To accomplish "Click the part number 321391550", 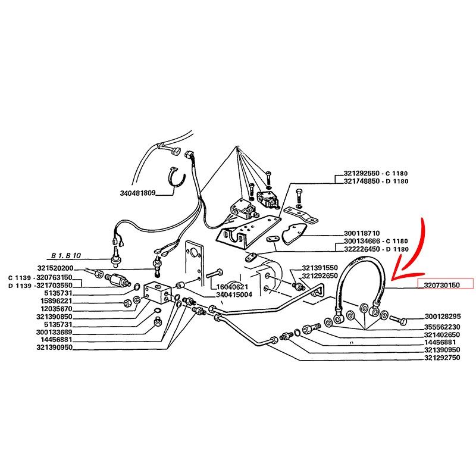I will point(320,268).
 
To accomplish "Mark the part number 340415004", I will point(235,293).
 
